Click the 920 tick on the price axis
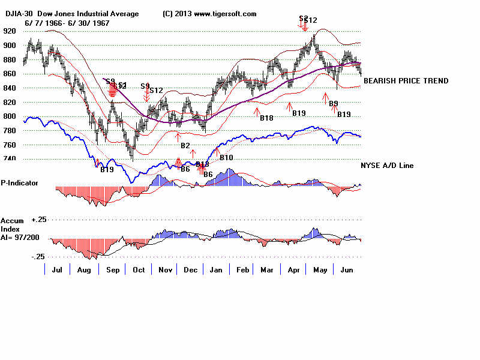[8, 31]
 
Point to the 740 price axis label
[8, 159]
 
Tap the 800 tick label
[8, 116]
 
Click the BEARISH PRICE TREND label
[406, 81]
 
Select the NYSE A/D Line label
[387, 166]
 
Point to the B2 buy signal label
[185, 146]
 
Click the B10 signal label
[226, 158]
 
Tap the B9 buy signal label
[334, 104]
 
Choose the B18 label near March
[266, 118]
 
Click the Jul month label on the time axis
[58, 271]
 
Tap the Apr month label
[293, 271]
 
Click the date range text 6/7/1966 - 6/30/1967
[67, 23]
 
